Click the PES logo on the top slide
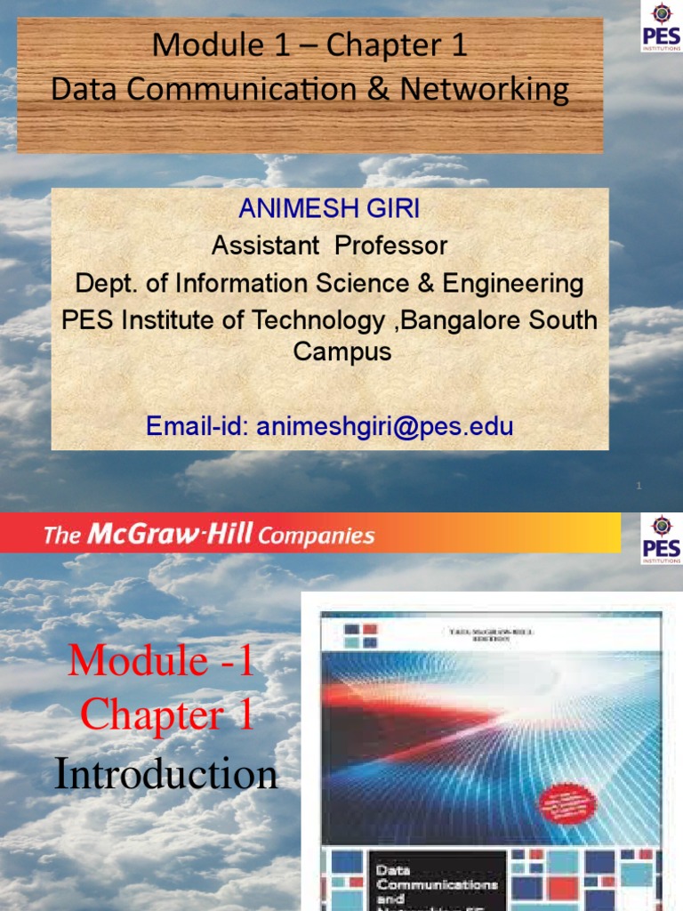[661, 27]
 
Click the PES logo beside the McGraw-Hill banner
[661, 539]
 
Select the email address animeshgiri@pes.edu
[384, 427]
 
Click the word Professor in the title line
[391, 245]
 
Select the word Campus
[342, 351]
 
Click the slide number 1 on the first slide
[639, 486]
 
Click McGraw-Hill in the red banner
[170, 535]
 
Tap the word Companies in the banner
[317, 536]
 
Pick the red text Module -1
[161, 661]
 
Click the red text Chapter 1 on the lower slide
[167, 716]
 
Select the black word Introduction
[166, 774]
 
